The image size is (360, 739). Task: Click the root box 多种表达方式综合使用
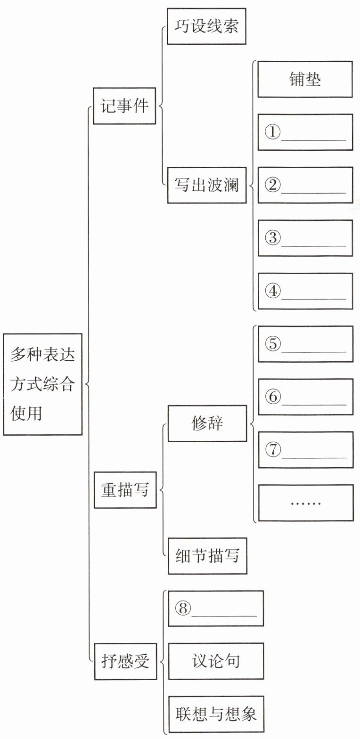tap(42, 384)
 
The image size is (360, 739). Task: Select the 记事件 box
tap(124, 106)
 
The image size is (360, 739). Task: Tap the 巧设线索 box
tap(206, 26)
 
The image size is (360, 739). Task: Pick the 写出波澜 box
tap(206, 185)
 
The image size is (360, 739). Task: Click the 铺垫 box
tap(305, 79)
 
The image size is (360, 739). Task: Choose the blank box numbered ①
tap(305, 132)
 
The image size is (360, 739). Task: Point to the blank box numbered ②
tap(305, 185)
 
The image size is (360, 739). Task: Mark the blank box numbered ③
tap(305, 238)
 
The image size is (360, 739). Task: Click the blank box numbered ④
tap(305, 291)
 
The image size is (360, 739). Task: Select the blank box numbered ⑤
tap(305, 344)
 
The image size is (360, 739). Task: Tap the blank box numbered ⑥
tap(305, 397)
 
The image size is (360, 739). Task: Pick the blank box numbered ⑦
tap(305, 450)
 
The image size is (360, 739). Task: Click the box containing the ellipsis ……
tap(305, 503)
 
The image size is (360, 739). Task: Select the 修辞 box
tap(207, 423)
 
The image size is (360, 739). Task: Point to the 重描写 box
tap(125, 490)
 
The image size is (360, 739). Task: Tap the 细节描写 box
tap(207, 556)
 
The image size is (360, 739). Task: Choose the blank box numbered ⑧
tap(216, 609)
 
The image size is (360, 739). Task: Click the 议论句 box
tap(216, 661)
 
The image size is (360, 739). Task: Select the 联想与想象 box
tap(216, 714)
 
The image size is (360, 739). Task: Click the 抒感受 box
tap(125, 661)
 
